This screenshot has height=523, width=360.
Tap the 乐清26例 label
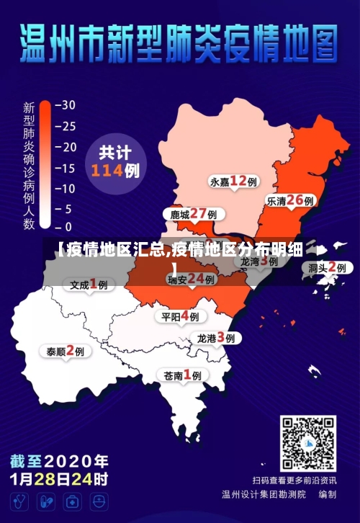(290, 201)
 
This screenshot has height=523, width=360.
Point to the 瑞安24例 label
(192, 279)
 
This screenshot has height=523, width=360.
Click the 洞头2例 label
(328, 267)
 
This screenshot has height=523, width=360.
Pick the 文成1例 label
(89, 284)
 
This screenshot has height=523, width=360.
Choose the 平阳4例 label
(181, 316)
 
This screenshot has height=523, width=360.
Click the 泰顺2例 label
(66, 351)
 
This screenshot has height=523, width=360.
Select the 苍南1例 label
(183, 375)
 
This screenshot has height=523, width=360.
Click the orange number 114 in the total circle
(107, 171)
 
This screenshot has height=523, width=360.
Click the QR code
(308, 443)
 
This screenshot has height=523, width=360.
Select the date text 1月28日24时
(59, 478)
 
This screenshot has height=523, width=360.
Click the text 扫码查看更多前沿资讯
(294, 480)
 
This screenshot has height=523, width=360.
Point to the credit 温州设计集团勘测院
(264, 495)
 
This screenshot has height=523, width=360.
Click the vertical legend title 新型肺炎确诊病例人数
(30, 166)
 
